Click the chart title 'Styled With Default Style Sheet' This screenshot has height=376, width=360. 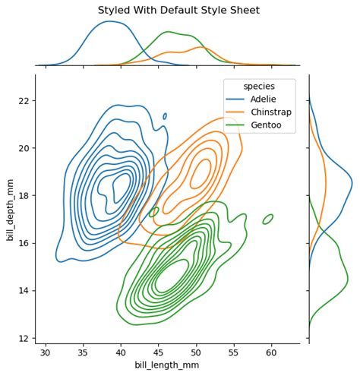[179, 10]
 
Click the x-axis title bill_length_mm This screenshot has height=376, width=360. [167, 365]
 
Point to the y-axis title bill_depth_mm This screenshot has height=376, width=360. [10, 208]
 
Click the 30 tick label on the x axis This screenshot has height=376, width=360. [46, 352]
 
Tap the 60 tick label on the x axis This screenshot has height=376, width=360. [272, 352]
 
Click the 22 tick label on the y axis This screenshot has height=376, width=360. [24, 100]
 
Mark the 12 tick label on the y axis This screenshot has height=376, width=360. [24, 338]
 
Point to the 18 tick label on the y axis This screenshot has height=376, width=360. [24, 195]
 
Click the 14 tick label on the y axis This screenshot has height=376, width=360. [24, 290]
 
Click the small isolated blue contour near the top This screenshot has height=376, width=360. [165, 116]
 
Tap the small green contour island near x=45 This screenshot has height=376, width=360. [154, 212]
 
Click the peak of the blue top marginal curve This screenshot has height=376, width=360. [109, 22]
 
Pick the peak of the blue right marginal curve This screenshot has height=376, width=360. [352, 182]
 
